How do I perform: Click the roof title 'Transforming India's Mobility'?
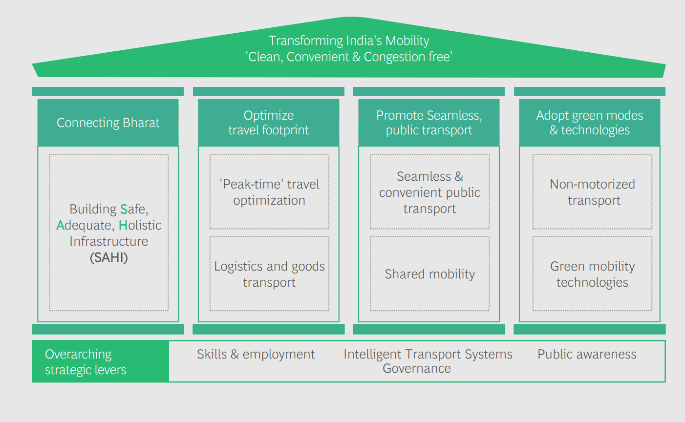point(349,41)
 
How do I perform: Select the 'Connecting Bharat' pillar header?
point(108,123)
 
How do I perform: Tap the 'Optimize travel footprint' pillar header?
point(268,123)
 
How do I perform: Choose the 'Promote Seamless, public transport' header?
point(429,123)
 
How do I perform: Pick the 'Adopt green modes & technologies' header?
point(589,123)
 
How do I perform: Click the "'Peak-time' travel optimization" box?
point(269,192)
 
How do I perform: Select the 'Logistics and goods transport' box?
point(269,274)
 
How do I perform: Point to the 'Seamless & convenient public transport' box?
point(429,192)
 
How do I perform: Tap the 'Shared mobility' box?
point(429,274)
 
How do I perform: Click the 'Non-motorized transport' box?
point(592,192)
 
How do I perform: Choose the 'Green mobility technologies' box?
point(592,274)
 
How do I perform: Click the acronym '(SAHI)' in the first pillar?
point(108,257)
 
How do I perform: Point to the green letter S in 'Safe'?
point(124,210)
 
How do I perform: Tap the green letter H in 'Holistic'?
point(123,226)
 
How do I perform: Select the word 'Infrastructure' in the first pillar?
point(108,242)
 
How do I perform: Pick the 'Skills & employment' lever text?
point(256,354)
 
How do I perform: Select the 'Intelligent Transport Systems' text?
point(428,354)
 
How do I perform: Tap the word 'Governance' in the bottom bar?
point(417,369)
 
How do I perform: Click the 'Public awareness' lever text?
point(587,354)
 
